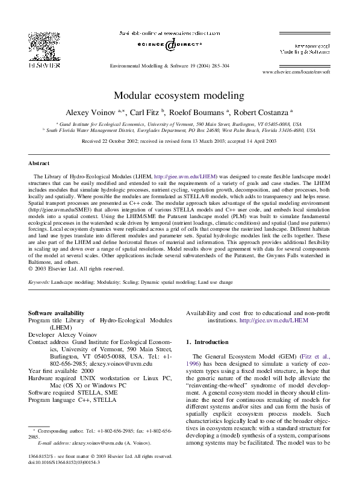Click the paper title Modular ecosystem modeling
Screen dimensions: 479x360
tap(179, 95)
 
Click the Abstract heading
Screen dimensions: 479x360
tap(39, 163)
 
